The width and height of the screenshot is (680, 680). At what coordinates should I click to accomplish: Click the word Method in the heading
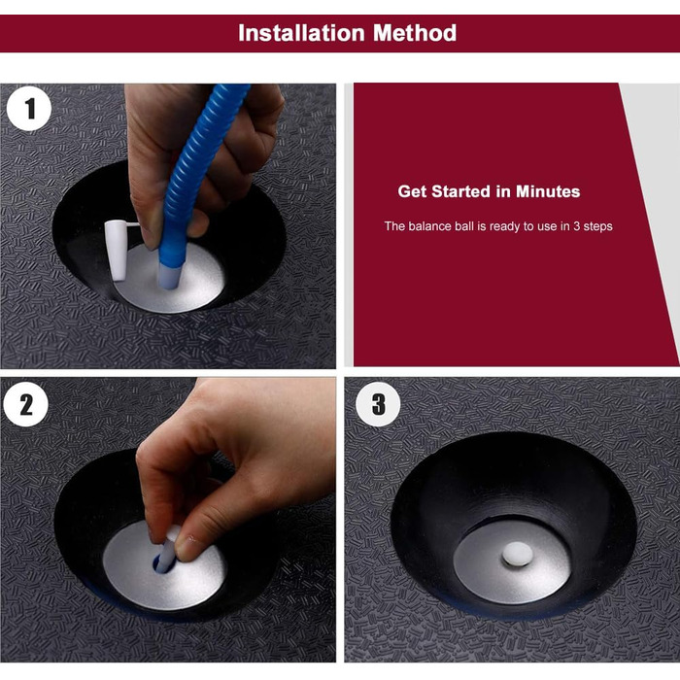(415, 33)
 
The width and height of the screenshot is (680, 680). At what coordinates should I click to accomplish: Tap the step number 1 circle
(29, 109)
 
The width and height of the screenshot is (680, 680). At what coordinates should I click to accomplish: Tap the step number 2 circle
(26, 405)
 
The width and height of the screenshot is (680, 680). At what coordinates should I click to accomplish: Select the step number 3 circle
(378, 404)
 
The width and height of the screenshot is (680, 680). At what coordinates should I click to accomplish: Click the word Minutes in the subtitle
(548, 191)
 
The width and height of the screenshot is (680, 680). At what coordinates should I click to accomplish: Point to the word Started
(464, 191)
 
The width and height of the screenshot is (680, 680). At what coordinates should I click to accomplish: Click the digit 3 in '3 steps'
(576, 226)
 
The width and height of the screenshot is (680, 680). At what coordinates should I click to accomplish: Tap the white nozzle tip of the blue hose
(168, 277)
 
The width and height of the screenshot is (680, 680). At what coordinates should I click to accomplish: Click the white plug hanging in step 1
(116, 250)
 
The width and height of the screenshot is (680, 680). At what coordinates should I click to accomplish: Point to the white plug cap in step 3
(518, 554)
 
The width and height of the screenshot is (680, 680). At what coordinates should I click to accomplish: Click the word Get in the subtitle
(412, 191)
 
